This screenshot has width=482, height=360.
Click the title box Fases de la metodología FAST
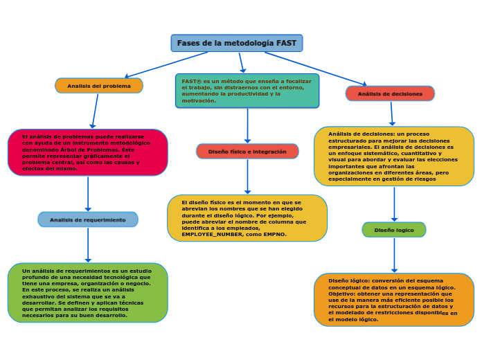pos(236,43)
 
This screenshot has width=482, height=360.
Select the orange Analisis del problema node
pos(99,86)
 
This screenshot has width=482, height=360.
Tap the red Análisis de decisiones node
pos(390,93)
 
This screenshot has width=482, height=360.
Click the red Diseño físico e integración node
pos(247,151)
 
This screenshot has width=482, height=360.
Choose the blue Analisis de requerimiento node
pos(88,219)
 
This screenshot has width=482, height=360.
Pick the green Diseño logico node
pos(394,229)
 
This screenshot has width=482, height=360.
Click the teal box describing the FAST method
pos(247,91)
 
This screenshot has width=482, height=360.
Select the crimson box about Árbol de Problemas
pos(88,152)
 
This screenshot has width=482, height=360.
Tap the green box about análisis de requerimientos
pos(88,293)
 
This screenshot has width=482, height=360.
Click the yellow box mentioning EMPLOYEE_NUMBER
pos(247,218)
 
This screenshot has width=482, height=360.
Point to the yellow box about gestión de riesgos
pos(394,156)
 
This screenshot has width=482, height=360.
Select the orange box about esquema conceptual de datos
pos(394,300)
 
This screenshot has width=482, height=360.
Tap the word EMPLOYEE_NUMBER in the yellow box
pos(207,235)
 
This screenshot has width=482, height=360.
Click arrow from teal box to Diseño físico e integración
pos(247,126)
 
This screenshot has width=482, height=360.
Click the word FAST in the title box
pos(286,43)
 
